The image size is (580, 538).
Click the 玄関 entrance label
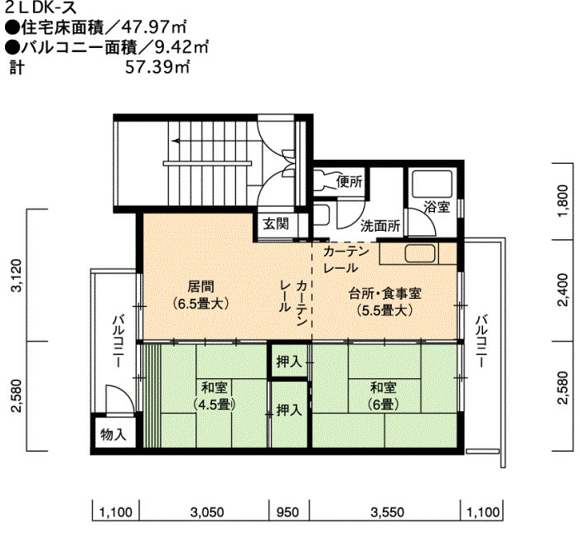click(x=276, y=223)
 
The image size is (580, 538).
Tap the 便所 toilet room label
click(x=349, y=181)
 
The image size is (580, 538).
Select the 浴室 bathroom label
click(x=437, y=207)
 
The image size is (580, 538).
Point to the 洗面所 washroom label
click(x=380, y=226)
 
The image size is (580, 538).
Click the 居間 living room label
click(x=201, y=295)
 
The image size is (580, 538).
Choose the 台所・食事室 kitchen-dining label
click(x=385, y=302)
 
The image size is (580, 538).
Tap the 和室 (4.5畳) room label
click(x=214, y=396)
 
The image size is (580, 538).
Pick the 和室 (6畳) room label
click(x=383, y=396)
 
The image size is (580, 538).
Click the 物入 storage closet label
click(x=114, y=435)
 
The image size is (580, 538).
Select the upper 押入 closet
click(x=289, y=362)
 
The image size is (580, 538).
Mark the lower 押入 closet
click(x=289, y=410)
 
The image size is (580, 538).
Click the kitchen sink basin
click(x=420, y=253)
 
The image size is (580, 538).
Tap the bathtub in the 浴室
click(x=432, y=184)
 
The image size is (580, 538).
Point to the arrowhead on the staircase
click(x=176, y=141)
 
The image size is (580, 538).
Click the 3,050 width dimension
click(x=207, y=512)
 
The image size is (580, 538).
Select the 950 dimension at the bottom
click(x=288, y=512)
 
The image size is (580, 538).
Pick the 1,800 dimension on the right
click(x=563, y=201)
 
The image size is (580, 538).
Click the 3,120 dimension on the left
click(x=17, y=276)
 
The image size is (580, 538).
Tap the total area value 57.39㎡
click(x=157, y=68)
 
